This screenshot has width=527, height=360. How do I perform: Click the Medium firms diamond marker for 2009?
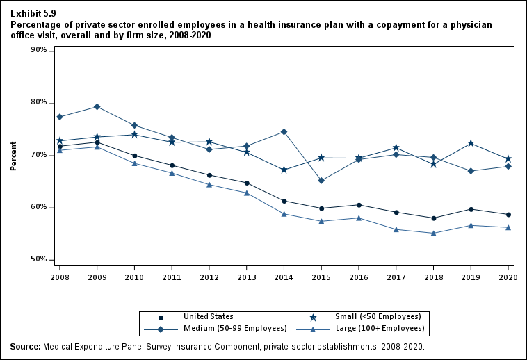[x=97, y=106]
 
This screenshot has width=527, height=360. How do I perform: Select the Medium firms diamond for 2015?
[x=321, y=181]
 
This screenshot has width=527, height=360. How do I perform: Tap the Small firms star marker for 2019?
[x=471, y=143]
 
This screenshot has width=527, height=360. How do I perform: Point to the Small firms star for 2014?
[x=284, y=170]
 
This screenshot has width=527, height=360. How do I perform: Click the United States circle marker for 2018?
[x=433, y=218]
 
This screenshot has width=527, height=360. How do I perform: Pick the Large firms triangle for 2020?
[x=508, y=227]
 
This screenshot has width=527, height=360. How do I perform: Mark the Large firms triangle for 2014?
[x=284, y=213]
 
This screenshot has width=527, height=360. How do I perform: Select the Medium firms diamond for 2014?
[x=284, y=131]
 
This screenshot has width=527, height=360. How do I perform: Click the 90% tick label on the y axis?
[x=39, y=51]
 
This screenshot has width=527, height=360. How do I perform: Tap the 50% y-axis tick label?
[x=39, y=259]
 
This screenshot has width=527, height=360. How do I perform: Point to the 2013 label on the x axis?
[x=246, y=277]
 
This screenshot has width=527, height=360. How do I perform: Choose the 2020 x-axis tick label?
[x=508, y=277]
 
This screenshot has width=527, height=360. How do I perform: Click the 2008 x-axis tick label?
[x=59, y=277]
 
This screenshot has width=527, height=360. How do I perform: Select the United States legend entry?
[x=209, y=316]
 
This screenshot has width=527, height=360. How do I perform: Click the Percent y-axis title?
[x=13, y=155]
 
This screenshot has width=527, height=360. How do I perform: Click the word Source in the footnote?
[x=25, y=345]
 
